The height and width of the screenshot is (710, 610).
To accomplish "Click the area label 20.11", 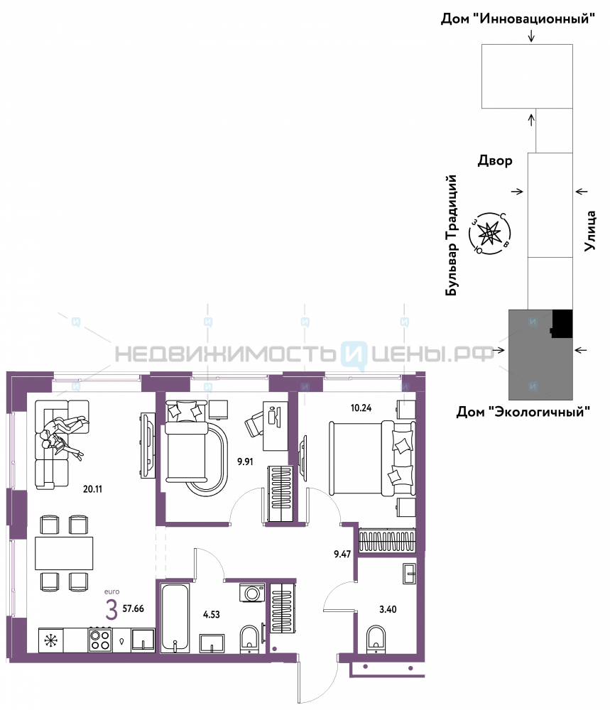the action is click(x=92, y=489).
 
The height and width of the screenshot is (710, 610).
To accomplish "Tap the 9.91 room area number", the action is click(x=245, y=462).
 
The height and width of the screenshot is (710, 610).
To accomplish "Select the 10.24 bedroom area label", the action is click(x=361, y=408).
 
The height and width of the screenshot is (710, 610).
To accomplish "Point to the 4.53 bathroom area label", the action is click(x=212, y=614).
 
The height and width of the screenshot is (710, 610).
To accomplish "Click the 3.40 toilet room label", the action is click(x=388, y=609).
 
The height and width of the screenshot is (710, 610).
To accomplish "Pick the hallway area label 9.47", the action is click(x=342, y=554).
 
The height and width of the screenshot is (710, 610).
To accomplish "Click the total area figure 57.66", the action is click(x=133, y=608).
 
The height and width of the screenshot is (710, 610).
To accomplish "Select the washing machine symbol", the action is click(x=252, y=593).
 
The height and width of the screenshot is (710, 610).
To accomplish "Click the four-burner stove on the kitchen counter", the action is click(x=100, y=640).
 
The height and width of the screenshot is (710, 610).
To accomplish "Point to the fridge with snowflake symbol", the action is click(x=50, y=640).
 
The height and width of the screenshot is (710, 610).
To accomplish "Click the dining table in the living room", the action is click(x=64, y=553).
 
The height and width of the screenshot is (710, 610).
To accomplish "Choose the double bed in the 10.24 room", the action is click(x=372, y=458).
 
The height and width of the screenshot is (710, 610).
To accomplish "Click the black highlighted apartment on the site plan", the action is click(x=562, y=324).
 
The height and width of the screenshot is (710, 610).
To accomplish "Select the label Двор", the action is click(x=495, y=160).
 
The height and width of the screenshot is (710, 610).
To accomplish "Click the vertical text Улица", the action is click(x=589, y=231).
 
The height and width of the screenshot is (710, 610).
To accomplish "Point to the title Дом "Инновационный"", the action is click(x=518, y=18).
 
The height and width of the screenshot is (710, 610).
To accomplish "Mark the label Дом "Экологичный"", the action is click(x=523, y=412).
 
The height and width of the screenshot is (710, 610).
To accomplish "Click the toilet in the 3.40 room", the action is click(x=376, y=638).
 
